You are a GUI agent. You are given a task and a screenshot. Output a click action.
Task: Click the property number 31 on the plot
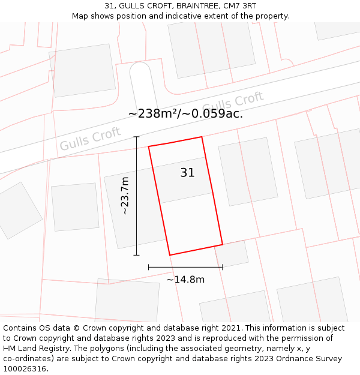pyautogui.click(x=187, y=173)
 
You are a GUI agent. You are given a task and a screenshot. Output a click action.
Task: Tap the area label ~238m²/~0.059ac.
pyautogui.click(x=185, y=113)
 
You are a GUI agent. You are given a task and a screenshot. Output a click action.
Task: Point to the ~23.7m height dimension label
pyautogui.click(x=124, y=196)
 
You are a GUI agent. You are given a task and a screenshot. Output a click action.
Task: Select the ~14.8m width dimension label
pyautogui.click(x=185, y=279)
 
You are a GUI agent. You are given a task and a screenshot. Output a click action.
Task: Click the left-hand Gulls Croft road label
pyautogui.click(x=90, y=139)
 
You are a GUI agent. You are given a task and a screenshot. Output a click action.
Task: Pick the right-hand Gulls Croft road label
pyautogui.click(x=233, y=103)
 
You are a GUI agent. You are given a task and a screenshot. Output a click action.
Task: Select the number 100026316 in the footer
pyautogui.click(x=24, y=369)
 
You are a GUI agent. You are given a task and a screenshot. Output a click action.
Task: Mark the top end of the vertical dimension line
pyautogui.click(x=136, y=137)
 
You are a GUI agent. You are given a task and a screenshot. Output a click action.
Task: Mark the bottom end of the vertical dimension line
pyautogui.click(x=136, y=255)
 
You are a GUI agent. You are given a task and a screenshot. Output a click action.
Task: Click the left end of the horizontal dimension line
pyautogui.click(x=149, y=267)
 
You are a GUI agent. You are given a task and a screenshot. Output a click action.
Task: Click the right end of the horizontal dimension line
pyautogui.click(x=223, y=267)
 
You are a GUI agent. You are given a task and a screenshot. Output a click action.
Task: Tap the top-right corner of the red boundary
pyautogui.click(x=202, y=137)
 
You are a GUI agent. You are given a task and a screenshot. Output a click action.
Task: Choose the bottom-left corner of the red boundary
pyautogui.click(x=170, y=255)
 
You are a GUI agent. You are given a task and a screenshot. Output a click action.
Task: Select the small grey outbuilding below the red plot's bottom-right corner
pyautogui.click(x=232, y=254)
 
